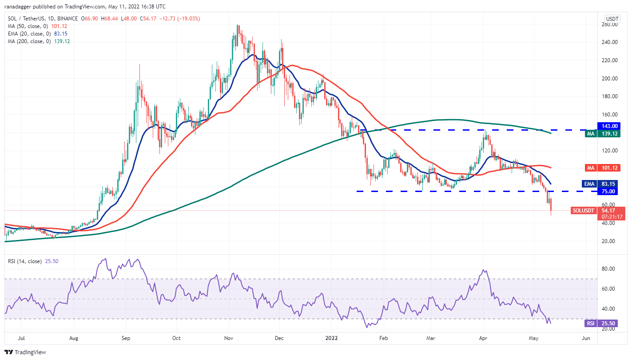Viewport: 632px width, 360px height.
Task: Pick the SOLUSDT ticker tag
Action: pos(583,210)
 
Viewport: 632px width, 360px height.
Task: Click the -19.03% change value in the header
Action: pos(188,19)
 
